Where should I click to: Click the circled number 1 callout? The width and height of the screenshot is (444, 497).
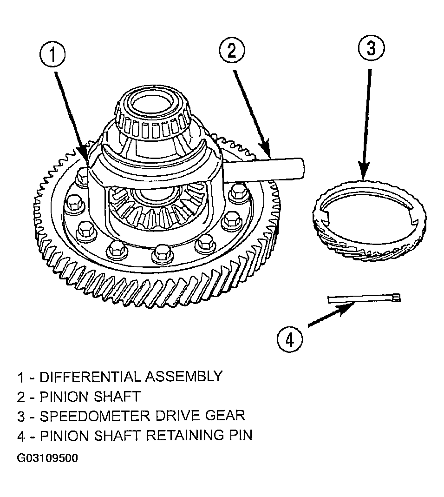coord(52,55)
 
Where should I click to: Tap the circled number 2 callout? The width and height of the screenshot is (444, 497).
coord(232,51)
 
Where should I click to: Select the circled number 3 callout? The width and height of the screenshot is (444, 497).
coord(371,48)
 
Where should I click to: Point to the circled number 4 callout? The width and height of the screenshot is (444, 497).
coord(290,340)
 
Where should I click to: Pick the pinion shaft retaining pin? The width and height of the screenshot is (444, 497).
coord(364,298)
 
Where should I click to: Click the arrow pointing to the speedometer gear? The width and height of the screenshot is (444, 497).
coord(367,124)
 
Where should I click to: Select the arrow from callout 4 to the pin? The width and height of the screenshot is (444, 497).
coord(331,314)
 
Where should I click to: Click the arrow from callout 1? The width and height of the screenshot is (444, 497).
coord(72,117)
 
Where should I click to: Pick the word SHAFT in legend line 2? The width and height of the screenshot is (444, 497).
coord(117,397)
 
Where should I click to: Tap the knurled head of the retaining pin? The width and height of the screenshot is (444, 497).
coord(397,298)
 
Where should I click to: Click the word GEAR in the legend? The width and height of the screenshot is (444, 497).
coord(225,416)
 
